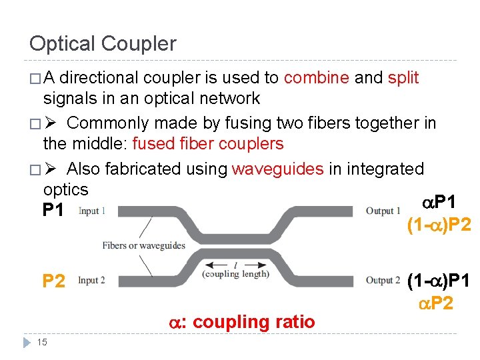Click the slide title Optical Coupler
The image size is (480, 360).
[103, 44]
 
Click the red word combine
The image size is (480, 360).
[317, 78]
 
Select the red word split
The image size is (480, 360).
[403, 78]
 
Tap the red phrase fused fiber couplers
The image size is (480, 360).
[208, 144]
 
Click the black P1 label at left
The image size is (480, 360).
[53, 211]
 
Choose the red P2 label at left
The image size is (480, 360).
[53, 281]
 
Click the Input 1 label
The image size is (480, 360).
[91, 211]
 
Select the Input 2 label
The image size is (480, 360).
[91, 280]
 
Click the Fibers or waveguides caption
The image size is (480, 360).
[143, 245]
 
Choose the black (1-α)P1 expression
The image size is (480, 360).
[438, 281]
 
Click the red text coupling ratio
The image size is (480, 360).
[253, 322]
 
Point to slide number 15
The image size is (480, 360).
[41, 343]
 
